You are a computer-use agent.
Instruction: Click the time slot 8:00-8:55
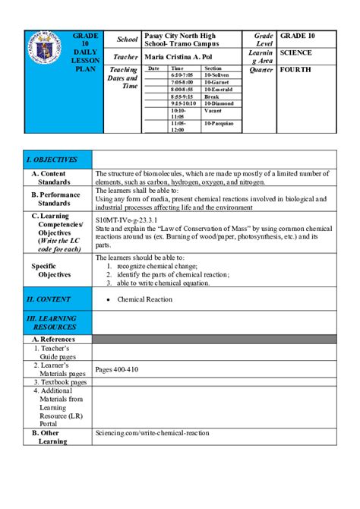click(x=182, y=89)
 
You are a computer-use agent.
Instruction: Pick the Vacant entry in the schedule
click(x=213, y=110)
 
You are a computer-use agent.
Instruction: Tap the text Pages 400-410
click(x=117, y=370)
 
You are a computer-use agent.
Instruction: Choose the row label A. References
click(x=53, y=339)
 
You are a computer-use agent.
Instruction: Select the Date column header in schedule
click(x=153, y=68)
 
